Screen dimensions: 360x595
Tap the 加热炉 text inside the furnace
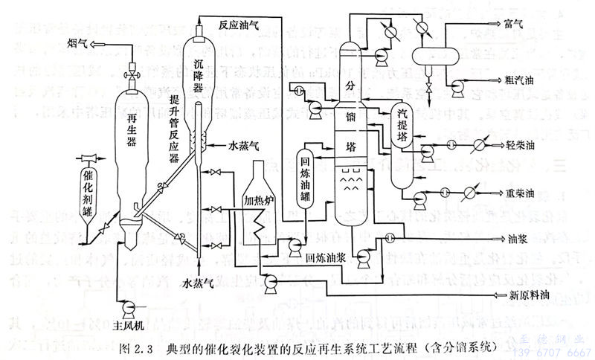(x=260, y=199)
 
